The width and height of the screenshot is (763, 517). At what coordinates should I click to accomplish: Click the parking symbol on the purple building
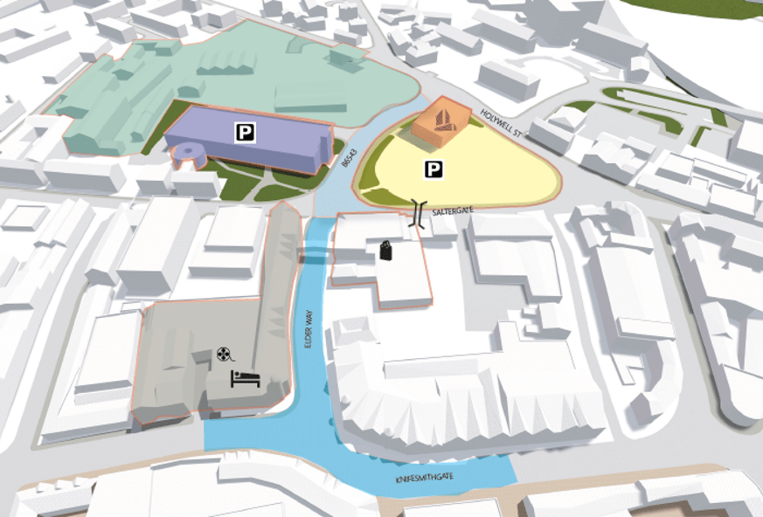[x=246, y=132]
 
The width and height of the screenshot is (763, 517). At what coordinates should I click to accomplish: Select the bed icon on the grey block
[x=244, y=379]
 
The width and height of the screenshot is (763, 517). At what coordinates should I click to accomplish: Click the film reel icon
[x=225, y=355]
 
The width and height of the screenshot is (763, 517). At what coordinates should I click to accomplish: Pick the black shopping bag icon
[x=385, y=251]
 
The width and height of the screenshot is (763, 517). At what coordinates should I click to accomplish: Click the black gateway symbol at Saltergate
[x=420, y=214]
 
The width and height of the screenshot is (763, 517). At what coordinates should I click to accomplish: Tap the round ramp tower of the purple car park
[x=189, y=155]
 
